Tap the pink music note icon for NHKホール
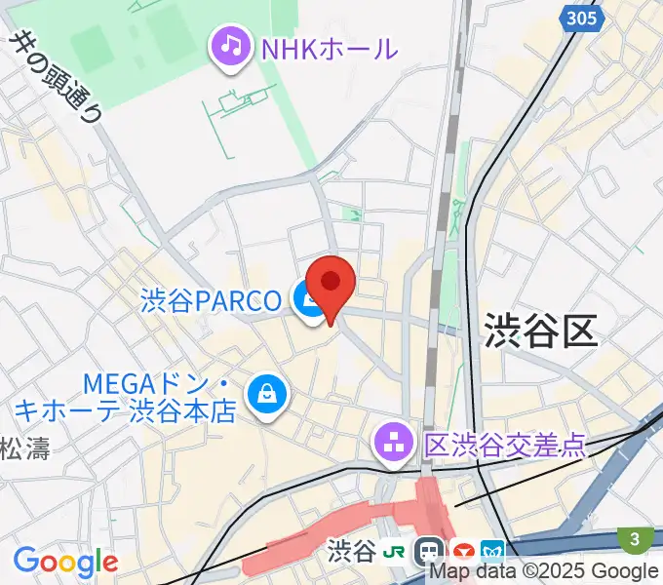point(230,47)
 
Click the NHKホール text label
point(329,47)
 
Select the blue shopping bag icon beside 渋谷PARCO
point(308,302)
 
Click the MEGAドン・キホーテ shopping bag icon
point(265,395)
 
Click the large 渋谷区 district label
point(539,331)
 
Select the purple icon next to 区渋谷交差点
point(393,445)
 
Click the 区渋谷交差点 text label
point(504,445)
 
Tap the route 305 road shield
point(580,17)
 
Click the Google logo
point(64,563)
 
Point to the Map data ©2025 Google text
point(544,571)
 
